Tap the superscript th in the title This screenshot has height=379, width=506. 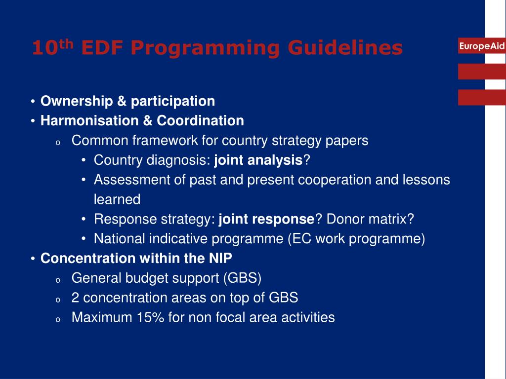(67, 43)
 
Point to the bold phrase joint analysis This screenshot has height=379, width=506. (258, 160)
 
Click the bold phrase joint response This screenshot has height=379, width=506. (266, 219)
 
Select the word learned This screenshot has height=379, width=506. (117, 199)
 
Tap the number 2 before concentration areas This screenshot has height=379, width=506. (75, 298)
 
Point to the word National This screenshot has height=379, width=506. (117, 239)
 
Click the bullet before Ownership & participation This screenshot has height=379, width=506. (32, 102)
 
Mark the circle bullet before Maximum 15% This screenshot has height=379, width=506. (57, 319)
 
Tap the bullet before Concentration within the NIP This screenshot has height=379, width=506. (32, 259)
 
